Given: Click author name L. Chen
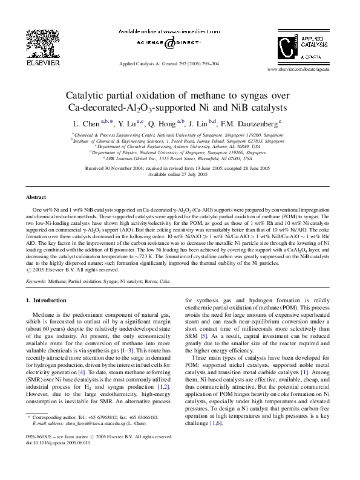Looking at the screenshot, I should pyautogui.click(x=86, y=123).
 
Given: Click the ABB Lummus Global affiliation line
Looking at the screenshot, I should pyautogui.click(x=180, y=158).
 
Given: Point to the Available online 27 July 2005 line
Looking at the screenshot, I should pyautogui.click(x=180, y=174).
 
